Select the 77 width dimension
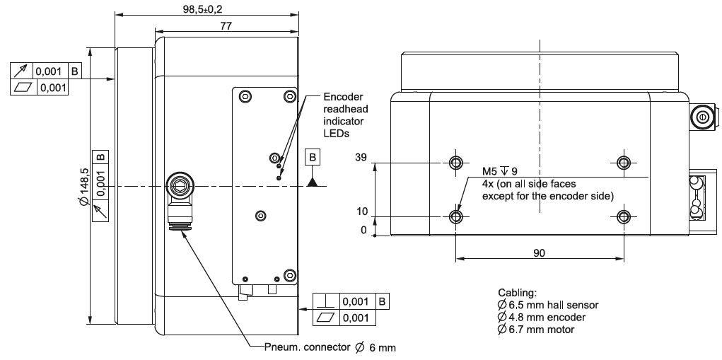click(226, 25)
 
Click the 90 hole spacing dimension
click(539, 252)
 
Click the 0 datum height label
click(363, 231)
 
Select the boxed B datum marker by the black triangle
click(312, 158)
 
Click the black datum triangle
click(312, 182)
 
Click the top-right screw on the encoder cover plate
click(288, 97)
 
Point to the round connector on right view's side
click(702, 117)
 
